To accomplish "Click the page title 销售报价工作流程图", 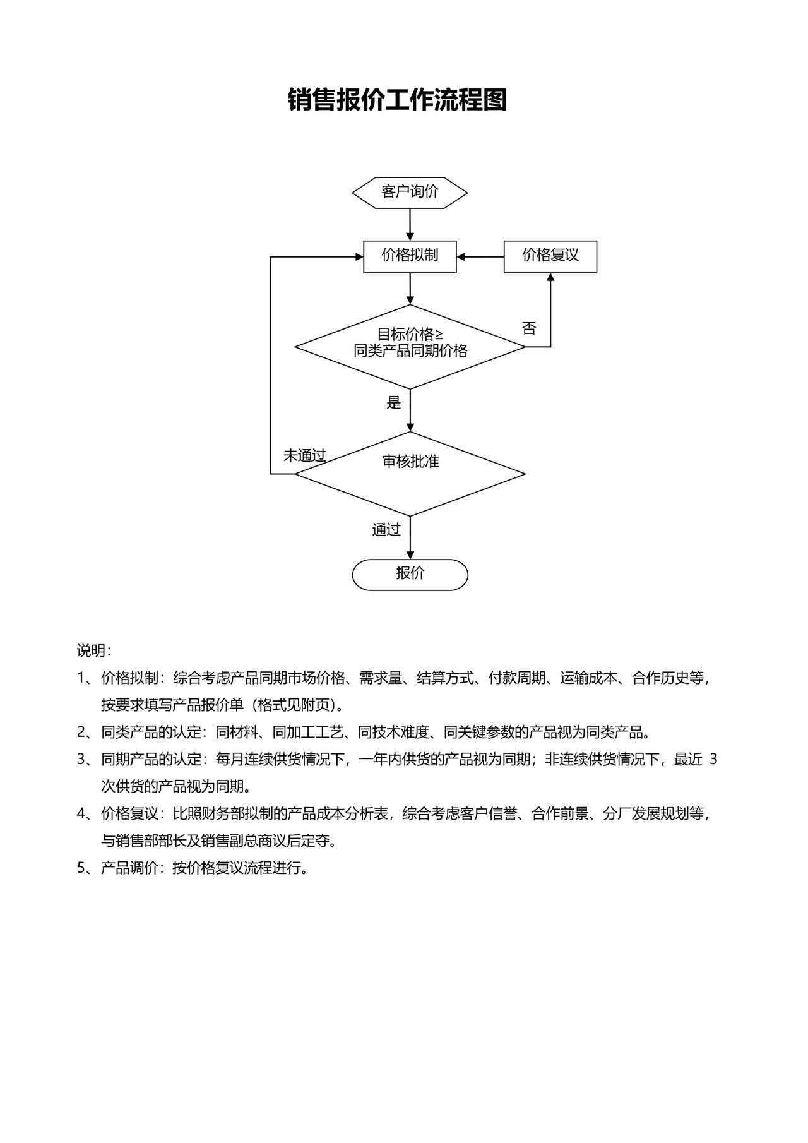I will [397, 100].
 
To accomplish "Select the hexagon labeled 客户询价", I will [410, 192].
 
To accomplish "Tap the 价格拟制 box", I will [410, 256].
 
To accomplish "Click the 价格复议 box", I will [550, 256].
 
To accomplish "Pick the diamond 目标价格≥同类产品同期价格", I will [410, 346].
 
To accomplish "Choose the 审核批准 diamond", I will [410, 473].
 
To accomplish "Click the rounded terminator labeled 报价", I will [410, 574].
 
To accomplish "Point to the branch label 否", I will [529, 328].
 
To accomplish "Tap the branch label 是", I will [393, 402].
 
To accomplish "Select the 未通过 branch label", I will [304, 455].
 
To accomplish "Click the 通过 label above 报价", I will [386, 529].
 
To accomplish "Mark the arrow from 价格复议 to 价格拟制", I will [480, 257].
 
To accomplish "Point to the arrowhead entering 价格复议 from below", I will [550, 278].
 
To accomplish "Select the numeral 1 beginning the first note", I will [81, 678].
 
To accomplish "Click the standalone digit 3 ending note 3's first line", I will [713, 759].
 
